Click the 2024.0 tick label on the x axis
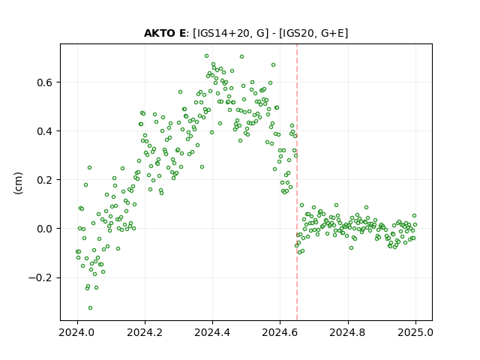click(x=77, y=332)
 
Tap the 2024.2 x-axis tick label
click(x=145, y=332)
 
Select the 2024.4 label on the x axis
click(x=212, y=332)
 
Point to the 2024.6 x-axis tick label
click(x=280, y=332)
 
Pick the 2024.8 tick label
click(x=348, y=332)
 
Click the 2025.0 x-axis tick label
click(x=415, y=332)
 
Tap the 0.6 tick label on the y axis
click(x=46, y=82)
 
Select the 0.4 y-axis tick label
click(x=46, y=131)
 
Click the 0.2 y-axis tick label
click(x=46, y=180)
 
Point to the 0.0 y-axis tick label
click(x=46, y=229)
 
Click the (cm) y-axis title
click(x=18, y=183)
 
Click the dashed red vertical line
click(x=297, y=182)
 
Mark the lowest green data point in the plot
click(x=90, y=308)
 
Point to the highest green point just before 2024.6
click(x=273, y=65)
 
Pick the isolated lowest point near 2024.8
click(x=352, y=248)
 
